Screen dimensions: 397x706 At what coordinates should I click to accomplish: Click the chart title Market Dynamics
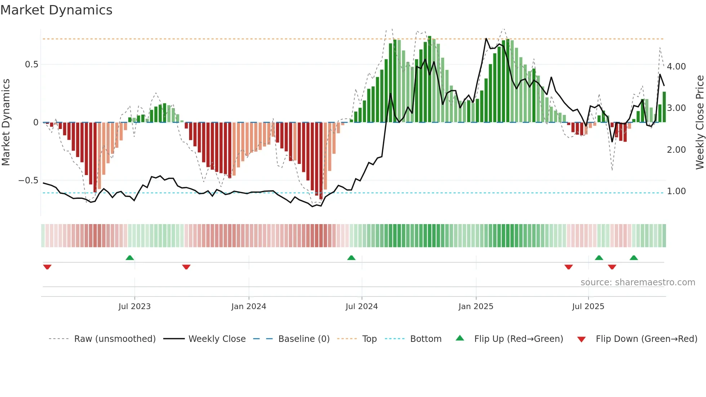(56, 10)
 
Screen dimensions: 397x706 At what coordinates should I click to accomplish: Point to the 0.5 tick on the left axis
(31, 64)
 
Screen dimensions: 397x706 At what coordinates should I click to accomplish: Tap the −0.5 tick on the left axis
(28, 180)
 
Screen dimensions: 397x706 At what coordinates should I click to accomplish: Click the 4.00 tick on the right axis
(676, 67)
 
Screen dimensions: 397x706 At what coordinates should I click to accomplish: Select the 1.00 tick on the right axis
(676, 191)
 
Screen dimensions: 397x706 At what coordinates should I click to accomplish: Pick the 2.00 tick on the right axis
(676, 150)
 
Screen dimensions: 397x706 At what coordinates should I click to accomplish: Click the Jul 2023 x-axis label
(134, 307)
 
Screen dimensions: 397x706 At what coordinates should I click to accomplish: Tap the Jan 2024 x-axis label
(249, 307)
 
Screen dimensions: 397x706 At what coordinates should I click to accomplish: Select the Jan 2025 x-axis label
(476, 307)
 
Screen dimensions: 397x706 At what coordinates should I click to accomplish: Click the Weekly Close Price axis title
(700, 122)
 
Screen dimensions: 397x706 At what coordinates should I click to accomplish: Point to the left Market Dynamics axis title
(6, 122)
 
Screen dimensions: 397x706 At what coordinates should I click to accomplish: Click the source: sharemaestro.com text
(638, 282)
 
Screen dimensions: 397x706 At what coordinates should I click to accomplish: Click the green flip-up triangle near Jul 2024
(351, 258)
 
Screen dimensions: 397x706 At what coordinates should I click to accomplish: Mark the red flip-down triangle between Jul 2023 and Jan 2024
(186, 267)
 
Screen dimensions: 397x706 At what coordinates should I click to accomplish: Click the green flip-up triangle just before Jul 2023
(130, 258)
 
